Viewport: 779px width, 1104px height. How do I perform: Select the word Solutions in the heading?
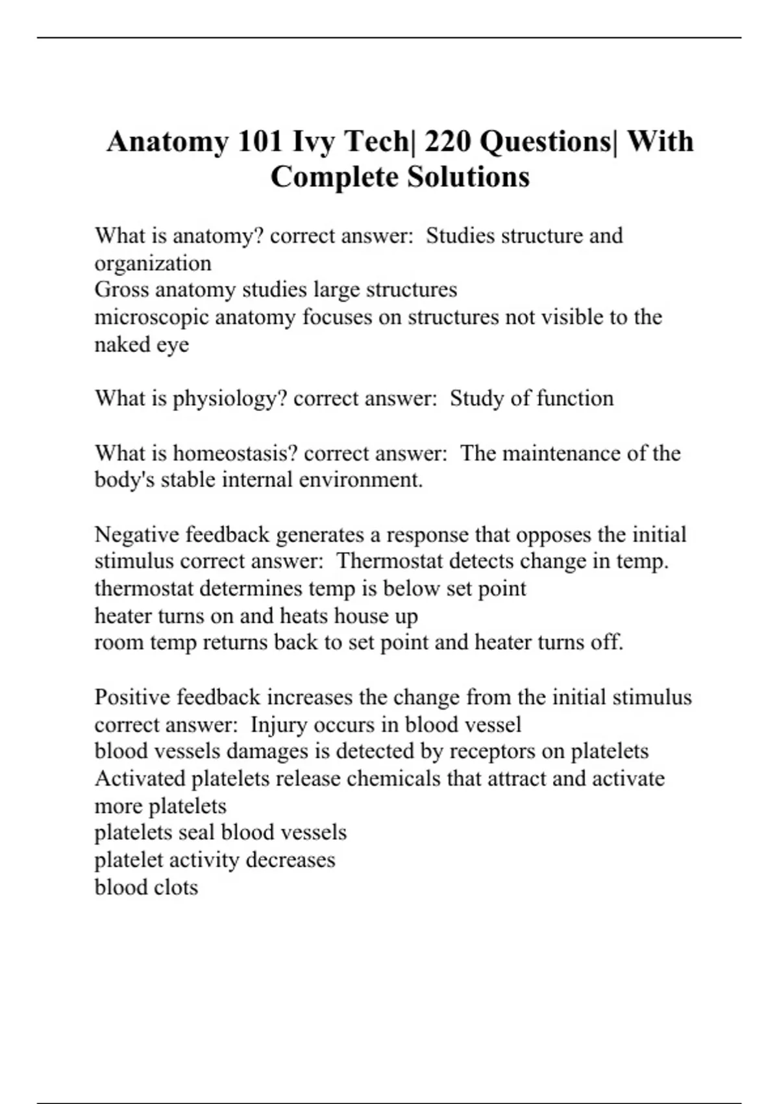[x=468, y=177]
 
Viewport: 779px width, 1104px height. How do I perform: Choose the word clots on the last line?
[x=173, y=888]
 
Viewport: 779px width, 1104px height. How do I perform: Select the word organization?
[x=153, y=264]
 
